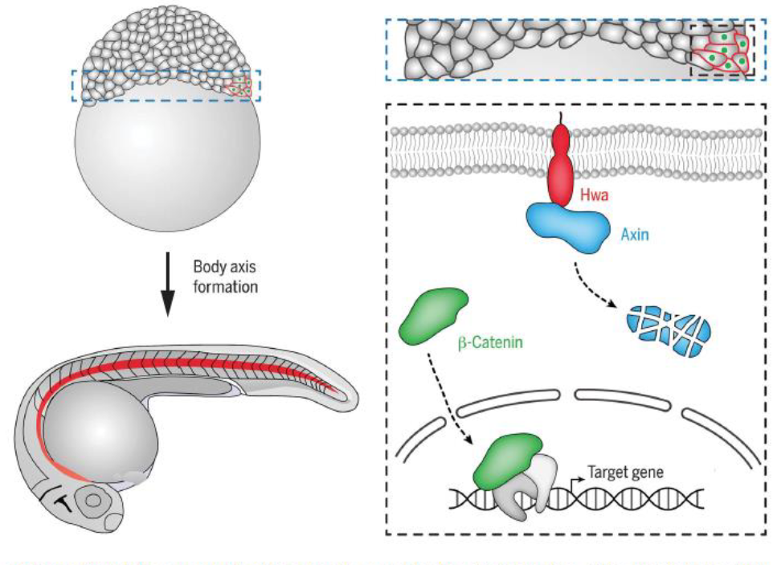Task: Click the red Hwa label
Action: [595, 194]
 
